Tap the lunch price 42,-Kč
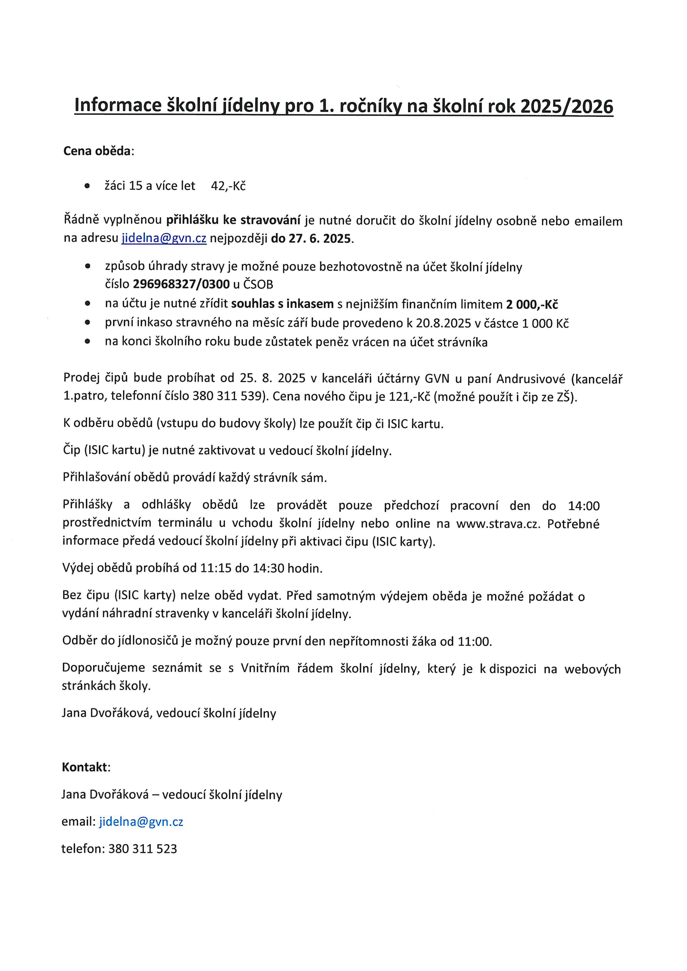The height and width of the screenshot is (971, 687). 229,186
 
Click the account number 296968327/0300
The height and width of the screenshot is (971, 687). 181,284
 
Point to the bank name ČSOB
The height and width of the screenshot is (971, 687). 258,284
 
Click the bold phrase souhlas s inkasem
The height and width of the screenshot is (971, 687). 283,304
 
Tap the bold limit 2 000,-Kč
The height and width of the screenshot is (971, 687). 532,305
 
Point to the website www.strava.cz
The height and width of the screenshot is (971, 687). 498,524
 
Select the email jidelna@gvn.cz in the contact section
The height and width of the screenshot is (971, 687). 141,822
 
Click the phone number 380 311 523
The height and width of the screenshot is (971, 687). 143,849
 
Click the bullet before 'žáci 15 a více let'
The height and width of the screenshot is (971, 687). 87,186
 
